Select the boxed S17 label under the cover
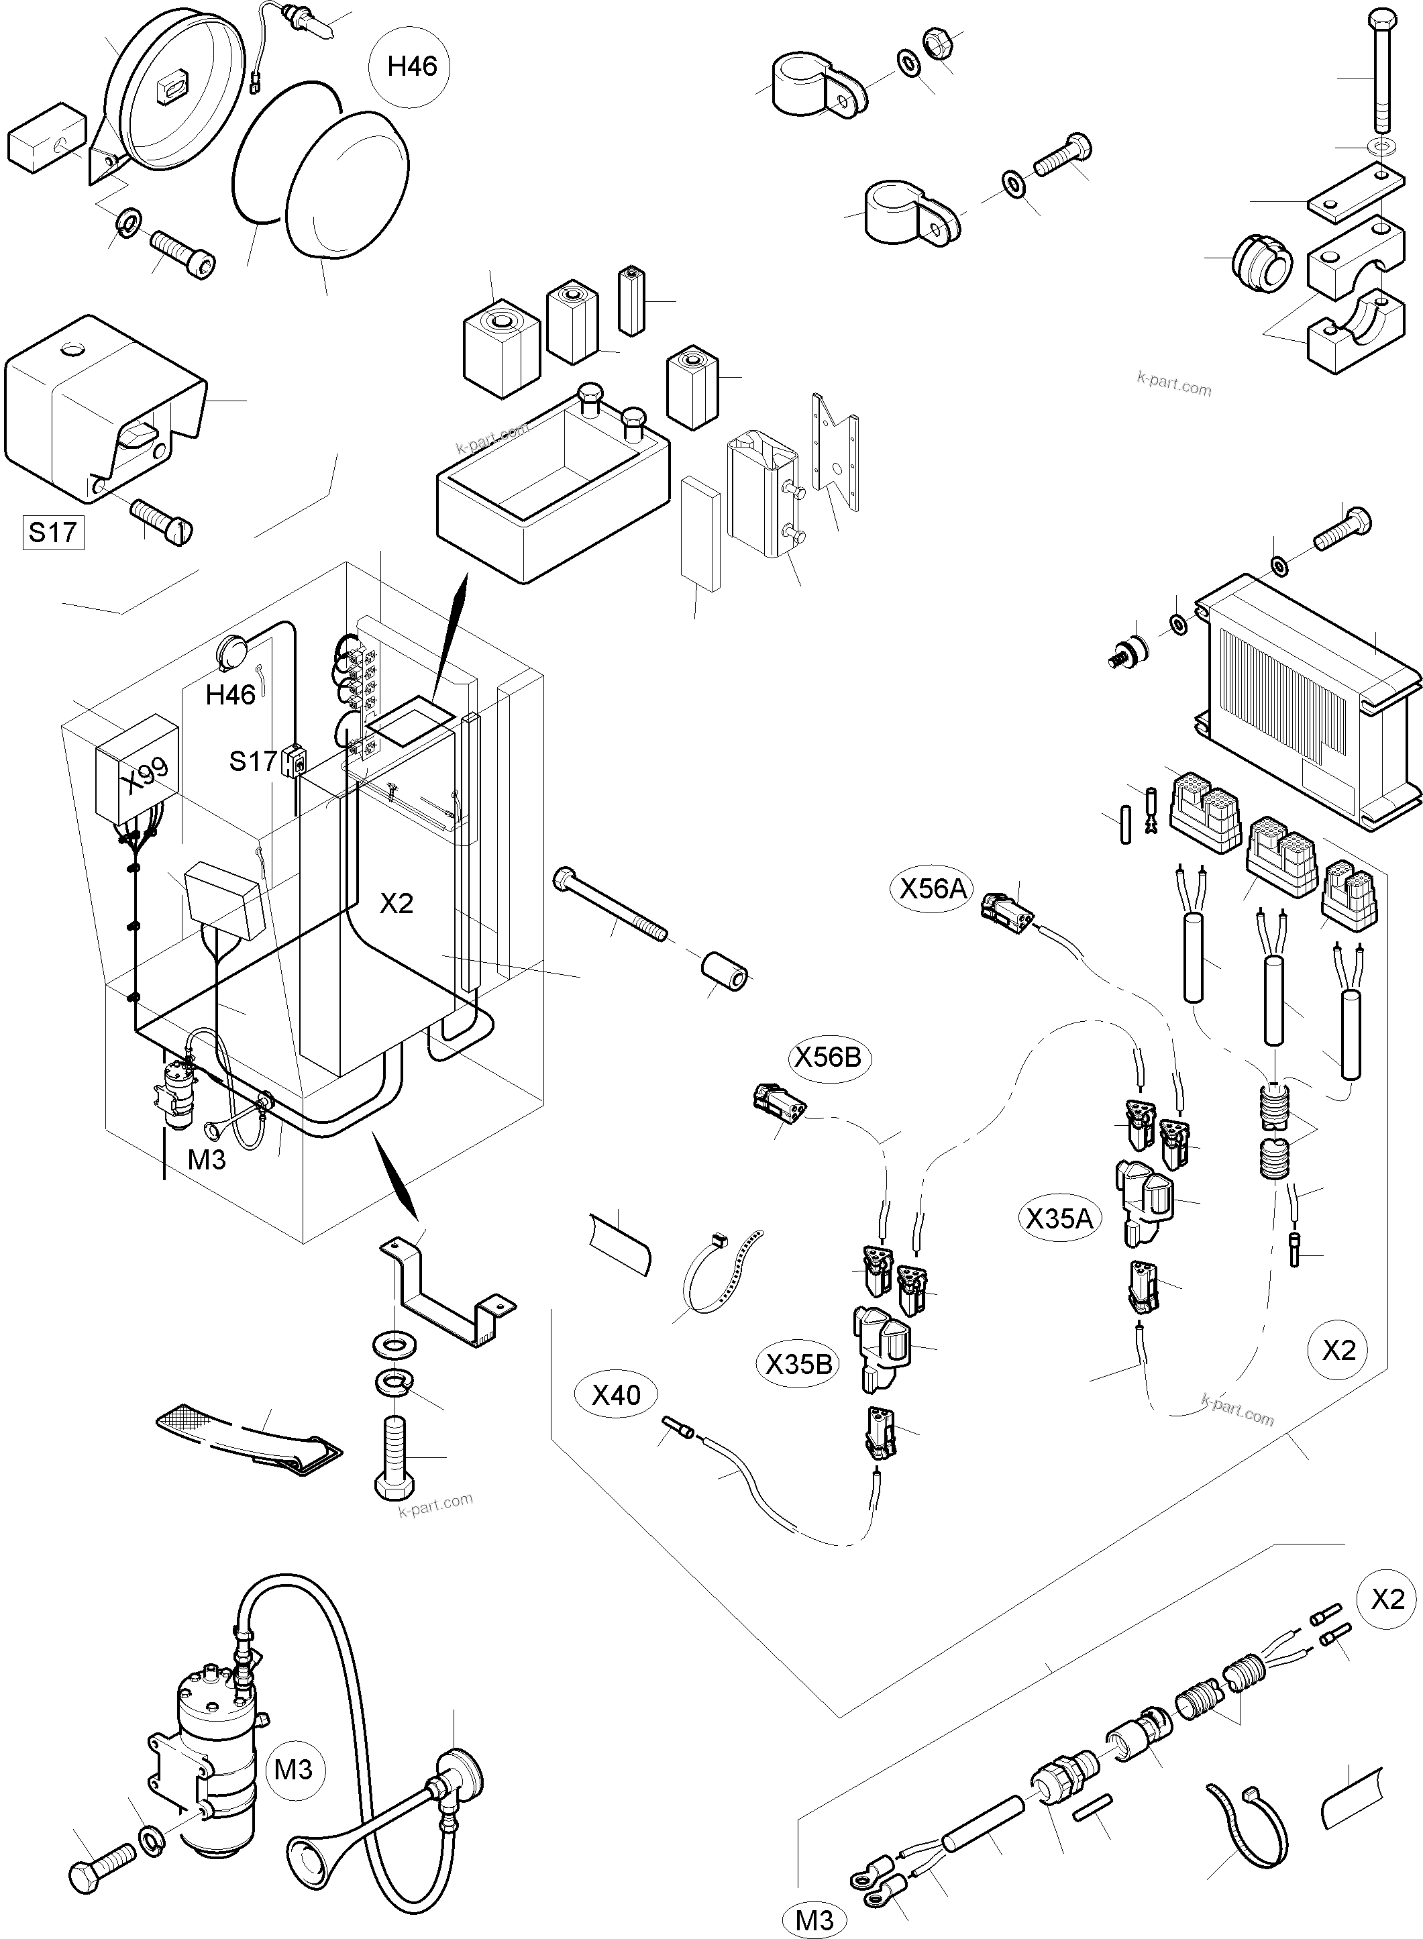click(x=52, y=531)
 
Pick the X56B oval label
click(x=827, y=1057)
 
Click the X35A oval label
click(x=1059, y=1218)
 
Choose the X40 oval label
click(x=616, y=1395)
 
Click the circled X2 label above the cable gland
click(x=1387, y=1599)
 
